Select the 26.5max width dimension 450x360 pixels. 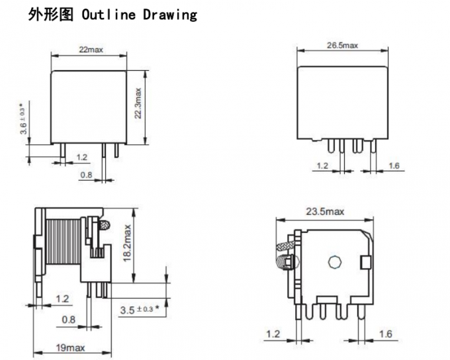point(341,45)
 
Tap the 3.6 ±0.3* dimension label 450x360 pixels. point(24,118)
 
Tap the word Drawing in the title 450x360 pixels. point(170,15)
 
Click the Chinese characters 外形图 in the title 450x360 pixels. point(50,15)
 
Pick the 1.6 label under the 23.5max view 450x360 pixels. point(386,334)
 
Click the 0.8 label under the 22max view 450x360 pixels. point(86,175)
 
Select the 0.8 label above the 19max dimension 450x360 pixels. point(68,320)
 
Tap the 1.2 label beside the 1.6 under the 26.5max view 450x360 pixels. point(322,165)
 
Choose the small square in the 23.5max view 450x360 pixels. point(364,263)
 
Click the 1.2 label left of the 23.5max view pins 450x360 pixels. point(273,334)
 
